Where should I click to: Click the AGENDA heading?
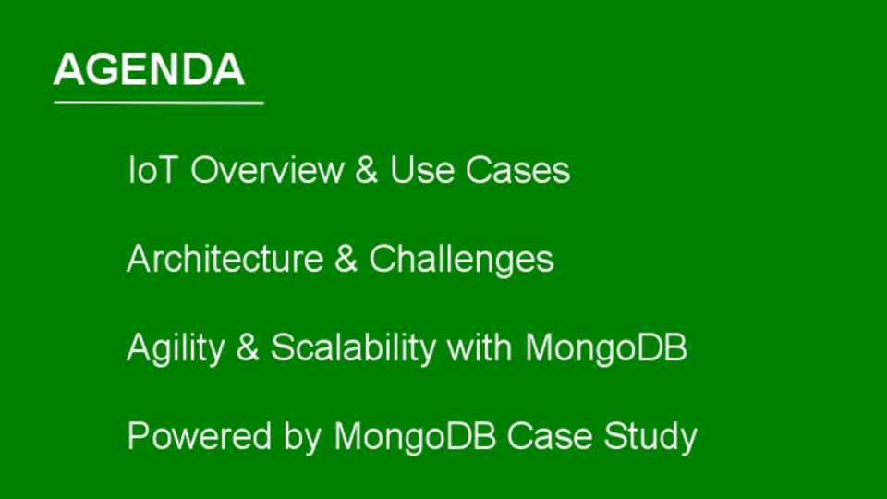[x=149, y=69]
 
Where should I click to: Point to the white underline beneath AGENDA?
[x=159, y=103]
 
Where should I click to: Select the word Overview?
[x=267, y=170]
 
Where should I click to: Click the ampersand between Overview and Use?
[x=367, y=170]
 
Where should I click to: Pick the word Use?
[x=422, y=170]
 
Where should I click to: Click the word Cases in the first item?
[x=517, y=170]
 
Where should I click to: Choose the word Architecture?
[x=225, y=259]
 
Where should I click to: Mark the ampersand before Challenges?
[x=346, y=259]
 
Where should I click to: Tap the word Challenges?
[x=462, y=261]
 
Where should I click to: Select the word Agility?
[x=176, y=348]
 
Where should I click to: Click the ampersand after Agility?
[x=248, y=347]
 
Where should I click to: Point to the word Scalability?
[x=353, y=348]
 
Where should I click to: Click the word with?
[x=480, y=347]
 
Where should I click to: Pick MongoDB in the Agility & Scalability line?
[x=606, y=348]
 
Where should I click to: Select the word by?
[x=303, y=438]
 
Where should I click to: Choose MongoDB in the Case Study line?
[x=415, y=438]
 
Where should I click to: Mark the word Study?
[x=650, y=438]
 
